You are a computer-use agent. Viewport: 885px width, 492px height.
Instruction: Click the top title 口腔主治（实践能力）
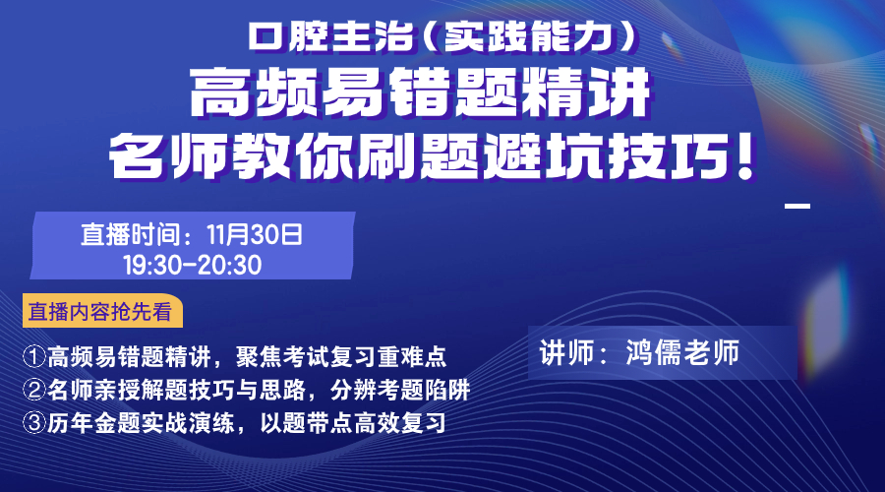coord(443,36)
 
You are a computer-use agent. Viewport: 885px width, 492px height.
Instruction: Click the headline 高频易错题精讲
coord(421,92)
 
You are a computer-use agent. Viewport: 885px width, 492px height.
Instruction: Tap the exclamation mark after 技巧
coord(744,154)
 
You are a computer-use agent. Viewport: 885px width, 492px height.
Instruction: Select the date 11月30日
coord(255,234)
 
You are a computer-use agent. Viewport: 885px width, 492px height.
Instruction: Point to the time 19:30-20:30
coord(193,265)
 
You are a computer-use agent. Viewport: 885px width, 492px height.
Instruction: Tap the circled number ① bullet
coord(33,356)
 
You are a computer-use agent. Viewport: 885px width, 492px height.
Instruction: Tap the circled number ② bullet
coord(33,390)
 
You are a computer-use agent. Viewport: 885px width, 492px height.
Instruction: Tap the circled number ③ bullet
coord(33,422)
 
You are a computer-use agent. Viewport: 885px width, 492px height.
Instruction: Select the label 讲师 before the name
coord(566,352)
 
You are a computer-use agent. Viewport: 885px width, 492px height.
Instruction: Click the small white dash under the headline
coord(797,207)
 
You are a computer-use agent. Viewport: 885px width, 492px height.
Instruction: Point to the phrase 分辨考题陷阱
coord(400,390)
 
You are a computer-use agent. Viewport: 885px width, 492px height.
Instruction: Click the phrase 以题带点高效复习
coord(353,422)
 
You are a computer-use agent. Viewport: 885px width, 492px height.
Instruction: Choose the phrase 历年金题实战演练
coord(141,422)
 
